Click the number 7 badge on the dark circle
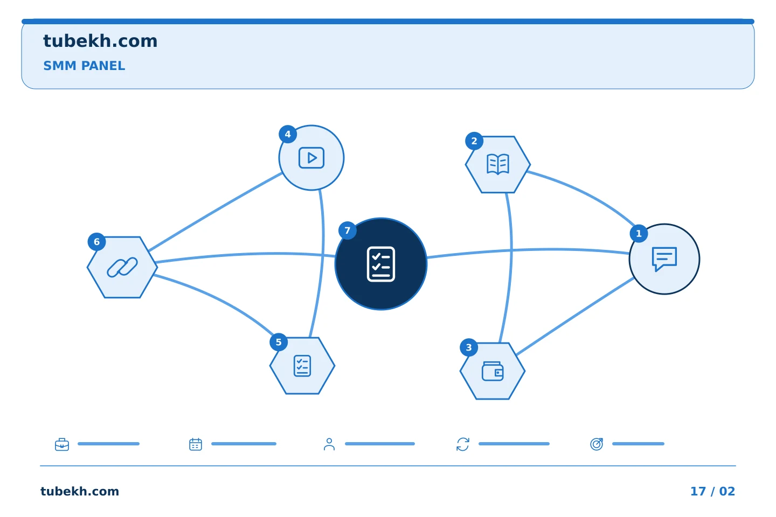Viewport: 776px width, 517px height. [347, 230]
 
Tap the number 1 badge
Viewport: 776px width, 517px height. [639, 233]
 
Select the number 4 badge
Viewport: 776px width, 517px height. [288, 134]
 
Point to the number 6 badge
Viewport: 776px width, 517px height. [96, 242]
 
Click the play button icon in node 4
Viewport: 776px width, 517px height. [311, 158]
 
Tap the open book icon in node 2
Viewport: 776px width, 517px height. [498, 164]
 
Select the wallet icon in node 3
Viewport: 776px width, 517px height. [493, 371]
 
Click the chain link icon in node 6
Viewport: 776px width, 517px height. [122, 267]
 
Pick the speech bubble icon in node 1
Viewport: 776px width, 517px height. [664, 258]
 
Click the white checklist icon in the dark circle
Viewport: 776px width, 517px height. [380, 264]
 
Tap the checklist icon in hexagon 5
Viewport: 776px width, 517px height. [302, 366]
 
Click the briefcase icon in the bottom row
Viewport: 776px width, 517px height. [62, 444]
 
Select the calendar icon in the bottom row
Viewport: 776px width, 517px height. [196, 444]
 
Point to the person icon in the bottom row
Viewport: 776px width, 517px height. [329, 444]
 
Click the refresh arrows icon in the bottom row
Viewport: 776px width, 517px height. [463, 444]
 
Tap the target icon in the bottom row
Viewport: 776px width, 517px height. [597, 444]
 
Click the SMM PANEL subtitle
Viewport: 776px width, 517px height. [84, 66]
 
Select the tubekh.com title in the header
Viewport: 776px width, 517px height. [100, 41]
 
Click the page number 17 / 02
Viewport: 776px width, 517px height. [712, 491]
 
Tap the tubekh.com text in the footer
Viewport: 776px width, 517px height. [80, 491]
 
